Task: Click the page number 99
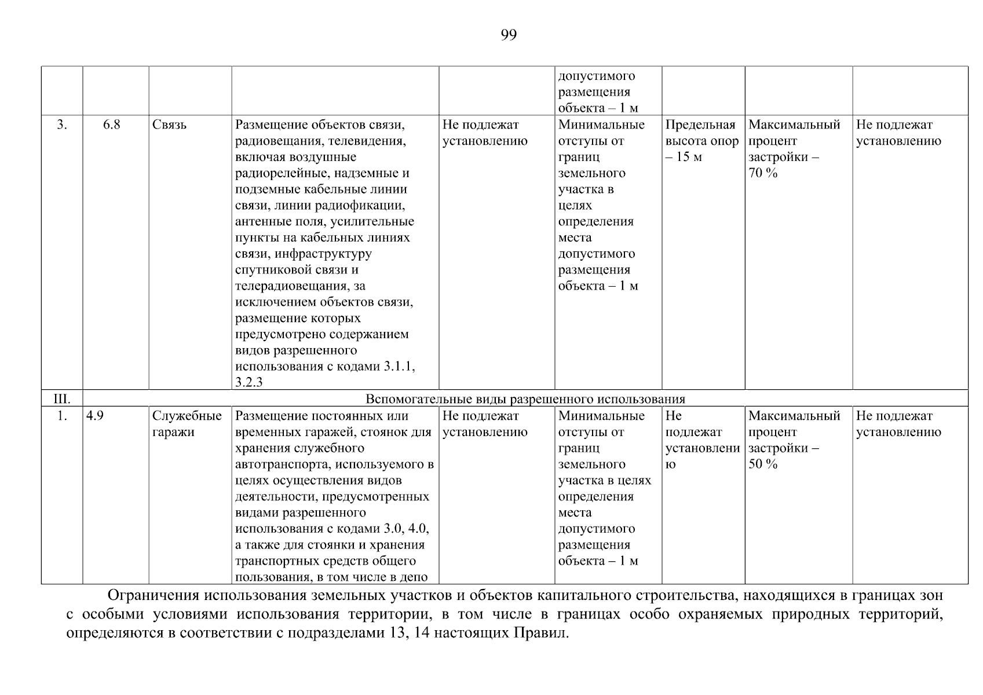(508, 35)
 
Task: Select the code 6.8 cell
(112, 125)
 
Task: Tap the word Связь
(169, 125)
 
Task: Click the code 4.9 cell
(95, 416)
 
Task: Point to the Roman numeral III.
(61, 399)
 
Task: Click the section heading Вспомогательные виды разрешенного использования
(525, 399)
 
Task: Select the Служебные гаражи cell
(187, 424)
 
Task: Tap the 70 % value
(763, 173)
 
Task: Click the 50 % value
(763, 464)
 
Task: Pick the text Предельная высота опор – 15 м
(701, 141)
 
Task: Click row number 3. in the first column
(61, 125)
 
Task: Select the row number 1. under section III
(61, 416)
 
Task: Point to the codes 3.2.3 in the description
(249, 382)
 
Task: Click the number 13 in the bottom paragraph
(391, 633)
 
